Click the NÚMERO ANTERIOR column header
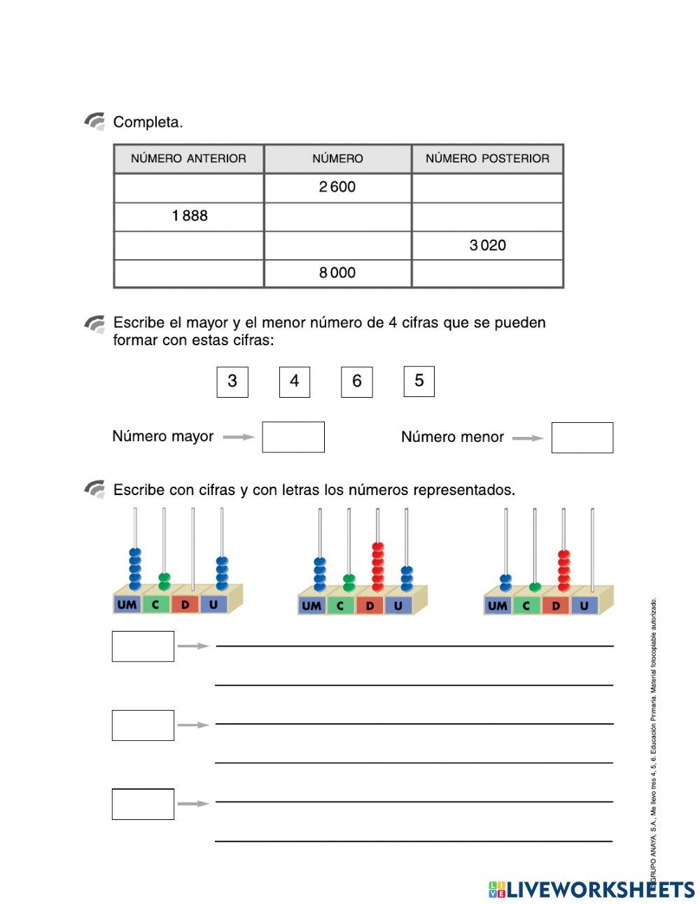[x=188, y=159]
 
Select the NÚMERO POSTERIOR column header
[x=487, y=159]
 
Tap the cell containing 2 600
[x=337, y=188]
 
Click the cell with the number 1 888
[x=189, y=216]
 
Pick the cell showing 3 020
[x=487, y=245]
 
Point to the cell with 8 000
[x=337, y=273]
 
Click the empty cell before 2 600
[x=189, y=188]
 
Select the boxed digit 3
[x=232, y=382]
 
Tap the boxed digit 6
[x=356, y=382]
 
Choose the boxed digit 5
[x=419, y=381]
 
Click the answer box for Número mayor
[x=293, y=437]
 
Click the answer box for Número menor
[x=582, y=438]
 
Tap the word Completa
[x=148, y=123]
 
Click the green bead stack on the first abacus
[x=164, y=581]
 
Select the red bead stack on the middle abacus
[x=378, y=565]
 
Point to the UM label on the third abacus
[x=497, y=606]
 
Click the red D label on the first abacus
[x=185, y=604]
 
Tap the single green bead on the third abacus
[x=535, y=587]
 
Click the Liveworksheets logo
[x=591, y=889]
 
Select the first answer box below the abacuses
[x=143, y=646]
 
